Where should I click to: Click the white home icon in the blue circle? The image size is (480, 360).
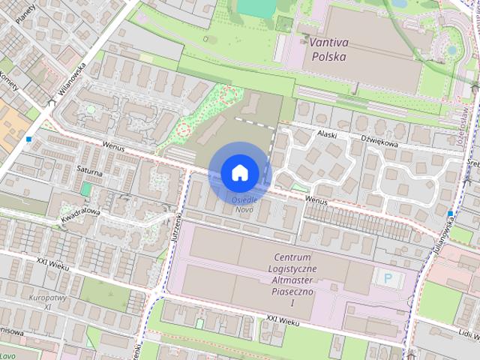[239, 172]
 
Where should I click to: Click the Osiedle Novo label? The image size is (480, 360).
[244, 204]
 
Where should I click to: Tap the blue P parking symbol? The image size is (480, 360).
[388, 278]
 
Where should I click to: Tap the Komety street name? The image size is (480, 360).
[8, 82]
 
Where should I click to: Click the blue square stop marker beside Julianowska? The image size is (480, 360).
[450, 214]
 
